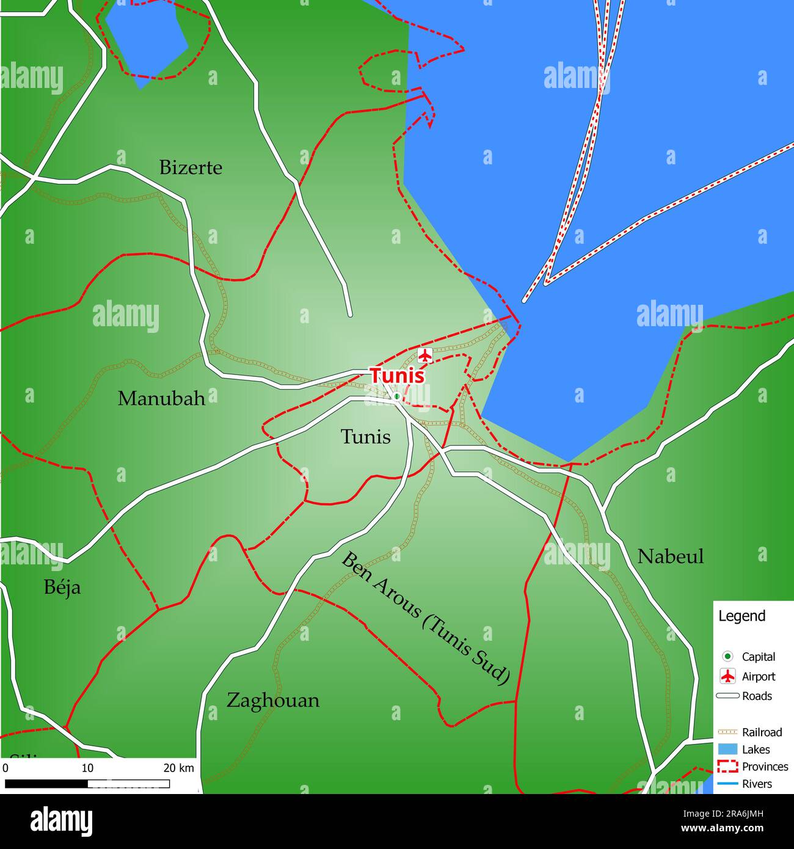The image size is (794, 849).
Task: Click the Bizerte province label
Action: tap(191, 168)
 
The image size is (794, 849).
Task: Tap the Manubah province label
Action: tap(161, 399)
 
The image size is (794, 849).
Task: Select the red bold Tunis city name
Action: tap(397, 376)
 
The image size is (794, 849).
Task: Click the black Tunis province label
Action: tap(365, 437)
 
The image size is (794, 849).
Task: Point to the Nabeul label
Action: tap(670, 556)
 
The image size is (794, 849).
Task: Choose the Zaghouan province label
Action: tap(273, 700)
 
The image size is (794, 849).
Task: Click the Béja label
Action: tap(62, 588)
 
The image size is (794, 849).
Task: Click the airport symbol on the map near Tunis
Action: tap(425, 355)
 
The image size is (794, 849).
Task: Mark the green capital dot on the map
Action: tap(397, 396)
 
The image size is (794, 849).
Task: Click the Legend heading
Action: tap(741, 616)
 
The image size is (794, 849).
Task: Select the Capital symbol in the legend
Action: tap(727, 657)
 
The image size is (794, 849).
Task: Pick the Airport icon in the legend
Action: tap(727, 676)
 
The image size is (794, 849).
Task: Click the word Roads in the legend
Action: tap(757, 696)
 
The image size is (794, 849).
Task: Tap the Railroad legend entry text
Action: tap(762, 732)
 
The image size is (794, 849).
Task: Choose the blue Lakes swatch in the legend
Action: tap(727, 749)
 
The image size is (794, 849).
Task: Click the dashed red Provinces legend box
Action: tap(727, 767)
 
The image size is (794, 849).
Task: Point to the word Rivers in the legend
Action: tap(757, 784)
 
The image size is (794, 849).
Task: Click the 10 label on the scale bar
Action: tap(87, 768)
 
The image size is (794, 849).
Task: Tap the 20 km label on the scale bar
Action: tap(178, 768)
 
